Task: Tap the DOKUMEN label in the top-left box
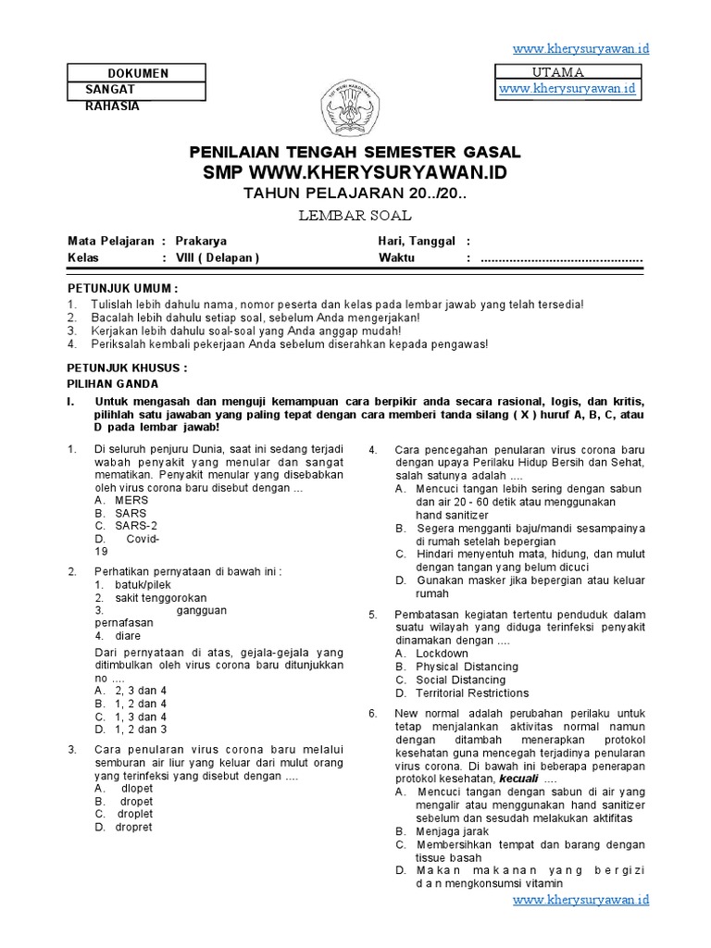138,73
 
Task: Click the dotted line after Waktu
562,258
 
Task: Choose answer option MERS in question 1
131,499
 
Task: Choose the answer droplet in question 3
135,814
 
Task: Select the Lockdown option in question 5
443,653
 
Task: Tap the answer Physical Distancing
467,667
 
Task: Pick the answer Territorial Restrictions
472,692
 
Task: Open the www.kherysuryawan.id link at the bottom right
581,899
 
